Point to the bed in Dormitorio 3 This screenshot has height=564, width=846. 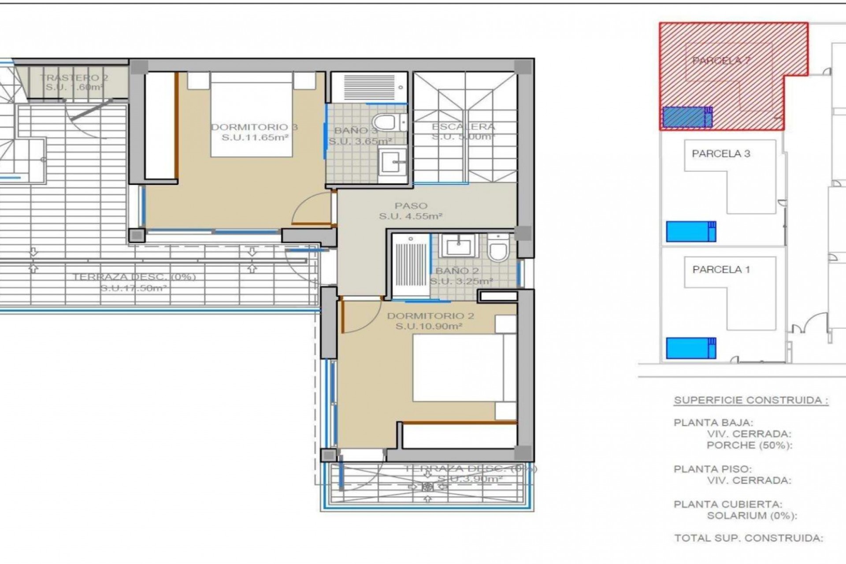click(252, 115)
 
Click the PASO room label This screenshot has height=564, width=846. click(411, 206)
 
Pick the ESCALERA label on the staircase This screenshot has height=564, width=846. click(463, 127)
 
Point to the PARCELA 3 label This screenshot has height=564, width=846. click(721, 154)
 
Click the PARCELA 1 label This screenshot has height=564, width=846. click(721, 270)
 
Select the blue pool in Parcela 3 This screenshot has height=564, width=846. click(690, 231)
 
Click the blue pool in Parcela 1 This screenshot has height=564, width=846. click(690, 348)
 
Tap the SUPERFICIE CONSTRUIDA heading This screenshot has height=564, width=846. click(751, 401)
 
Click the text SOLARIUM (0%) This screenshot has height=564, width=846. click(752, 516)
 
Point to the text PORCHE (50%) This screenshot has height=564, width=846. click(749, 445)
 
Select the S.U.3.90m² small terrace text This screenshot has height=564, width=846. click(470, 479)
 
